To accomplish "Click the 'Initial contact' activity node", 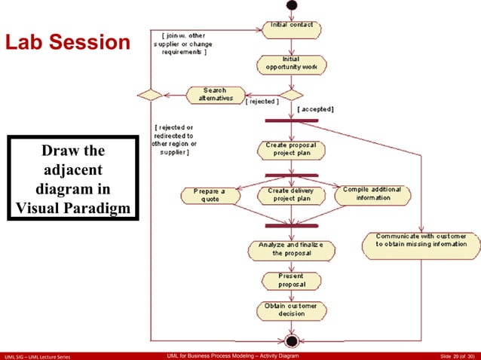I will tap(290, 29).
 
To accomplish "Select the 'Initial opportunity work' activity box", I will tap(290, 63).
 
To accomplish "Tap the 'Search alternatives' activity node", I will tap(216, 95).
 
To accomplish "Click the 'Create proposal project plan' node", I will tap(290, 150).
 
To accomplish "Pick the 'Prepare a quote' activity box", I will tap(210, 196).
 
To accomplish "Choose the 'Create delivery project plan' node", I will tap(290, 196).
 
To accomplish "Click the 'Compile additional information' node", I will tap(373, 194).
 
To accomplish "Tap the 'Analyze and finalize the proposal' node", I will tap(290, 249).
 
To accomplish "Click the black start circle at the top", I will tap(291, 5).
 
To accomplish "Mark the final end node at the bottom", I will tap(291, 339).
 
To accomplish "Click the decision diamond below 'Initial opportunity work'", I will tap(291, 95).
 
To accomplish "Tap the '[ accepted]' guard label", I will tap(316, 109).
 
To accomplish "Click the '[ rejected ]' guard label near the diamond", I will tap(262, 101).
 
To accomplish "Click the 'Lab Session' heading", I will tap(68, 42).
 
